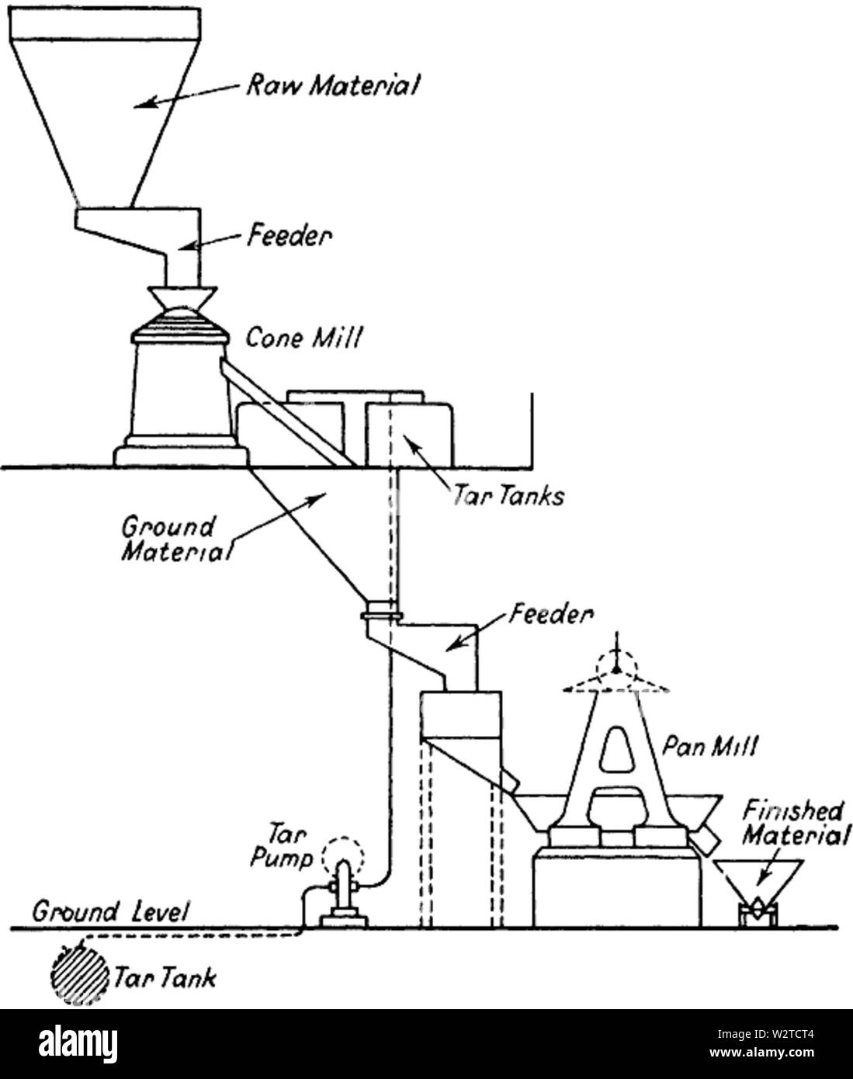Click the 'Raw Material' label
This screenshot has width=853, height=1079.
click(x=332, y=85)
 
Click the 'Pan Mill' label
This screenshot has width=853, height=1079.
click(x=709, y=747)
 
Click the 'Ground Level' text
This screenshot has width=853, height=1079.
click(x=109, y=911)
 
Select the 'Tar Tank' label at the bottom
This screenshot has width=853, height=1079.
click(x=164, y=977)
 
